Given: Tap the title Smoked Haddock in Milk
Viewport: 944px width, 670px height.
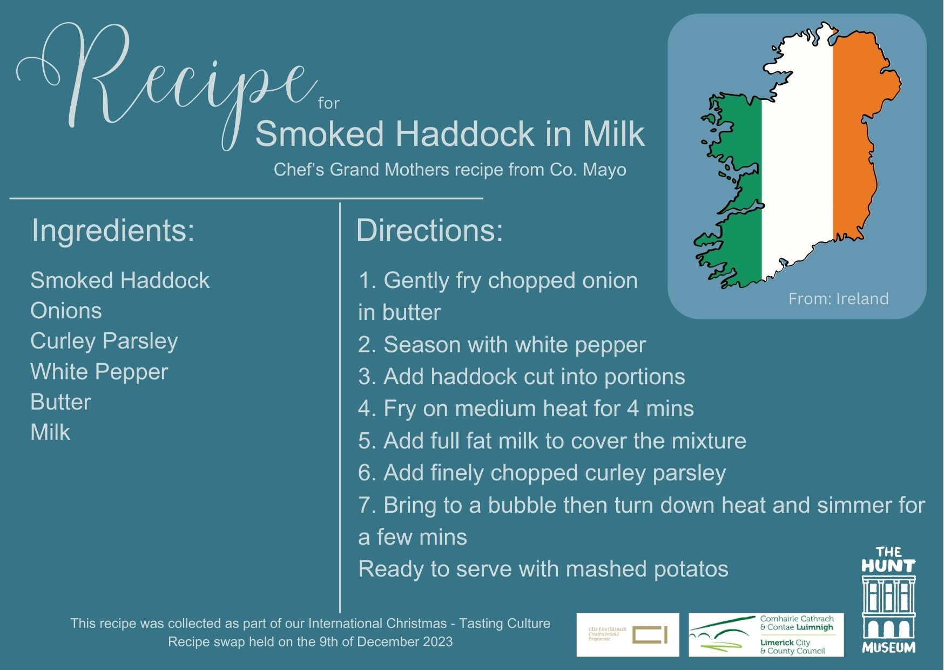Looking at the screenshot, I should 449,133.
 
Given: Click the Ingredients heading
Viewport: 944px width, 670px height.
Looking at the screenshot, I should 113,230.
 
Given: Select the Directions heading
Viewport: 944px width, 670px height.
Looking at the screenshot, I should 429,230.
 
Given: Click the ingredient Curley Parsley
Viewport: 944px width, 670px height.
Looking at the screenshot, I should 104,341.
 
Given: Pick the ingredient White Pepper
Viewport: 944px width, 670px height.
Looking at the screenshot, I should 99,372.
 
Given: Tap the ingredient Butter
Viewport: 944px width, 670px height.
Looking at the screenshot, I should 60,402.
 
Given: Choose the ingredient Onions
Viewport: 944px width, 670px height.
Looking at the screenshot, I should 66,311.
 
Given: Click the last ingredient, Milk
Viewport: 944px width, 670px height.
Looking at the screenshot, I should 50,432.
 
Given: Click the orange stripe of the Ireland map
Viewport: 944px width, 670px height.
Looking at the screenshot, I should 859,135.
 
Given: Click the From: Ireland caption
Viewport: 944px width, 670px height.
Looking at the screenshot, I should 838,299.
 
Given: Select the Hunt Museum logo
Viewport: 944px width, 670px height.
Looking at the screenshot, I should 888,600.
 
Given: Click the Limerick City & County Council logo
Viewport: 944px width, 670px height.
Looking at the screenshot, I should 766,635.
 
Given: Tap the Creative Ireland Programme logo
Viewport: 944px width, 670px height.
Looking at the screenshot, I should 628,635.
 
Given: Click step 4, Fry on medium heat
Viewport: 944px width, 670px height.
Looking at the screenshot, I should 525,408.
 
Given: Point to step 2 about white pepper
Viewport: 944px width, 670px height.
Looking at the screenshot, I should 502,345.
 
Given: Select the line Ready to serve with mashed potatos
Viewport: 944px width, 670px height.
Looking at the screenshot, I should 543,569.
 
